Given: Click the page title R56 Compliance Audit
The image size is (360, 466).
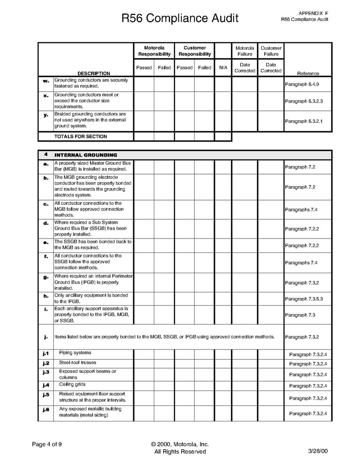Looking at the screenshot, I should tap(180, 19).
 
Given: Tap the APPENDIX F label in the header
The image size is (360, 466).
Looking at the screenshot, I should tap(313, 12).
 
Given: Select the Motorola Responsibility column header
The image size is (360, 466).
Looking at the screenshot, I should tap(154, 51).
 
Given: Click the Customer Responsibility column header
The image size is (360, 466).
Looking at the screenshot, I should tap(195, 51).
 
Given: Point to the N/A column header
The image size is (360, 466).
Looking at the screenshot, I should tap(223, 67).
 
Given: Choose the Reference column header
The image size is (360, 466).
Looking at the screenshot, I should tap(308, 74).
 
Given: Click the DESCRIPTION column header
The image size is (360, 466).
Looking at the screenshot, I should tap(94, 74).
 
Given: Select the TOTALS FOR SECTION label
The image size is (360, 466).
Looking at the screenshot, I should tap(81, 137).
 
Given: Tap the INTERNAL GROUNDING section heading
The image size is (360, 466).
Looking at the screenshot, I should tap(85, 155).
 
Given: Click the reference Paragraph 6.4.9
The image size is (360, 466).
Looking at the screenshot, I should tap(302, 84).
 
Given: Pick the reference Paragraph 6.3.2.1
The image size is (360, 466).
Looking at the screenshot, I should tap(304, 121).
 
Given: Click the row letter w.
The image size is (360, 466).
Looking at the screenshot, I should tap(46, 81).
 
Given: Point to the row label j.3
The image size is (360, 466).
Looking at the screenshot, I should tap(46, 372).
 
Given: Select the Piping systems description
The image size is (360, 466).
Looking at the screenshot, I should tap(75, 353).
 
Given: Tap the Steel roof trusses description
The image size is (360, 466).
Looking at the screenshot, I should tap(77, 363).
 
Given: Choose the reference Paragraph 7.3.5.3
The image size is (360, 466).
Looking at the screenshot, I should tap(304, 299).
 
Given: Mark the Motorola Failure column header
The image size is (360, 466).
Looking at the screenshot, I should tap(244, 51).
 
